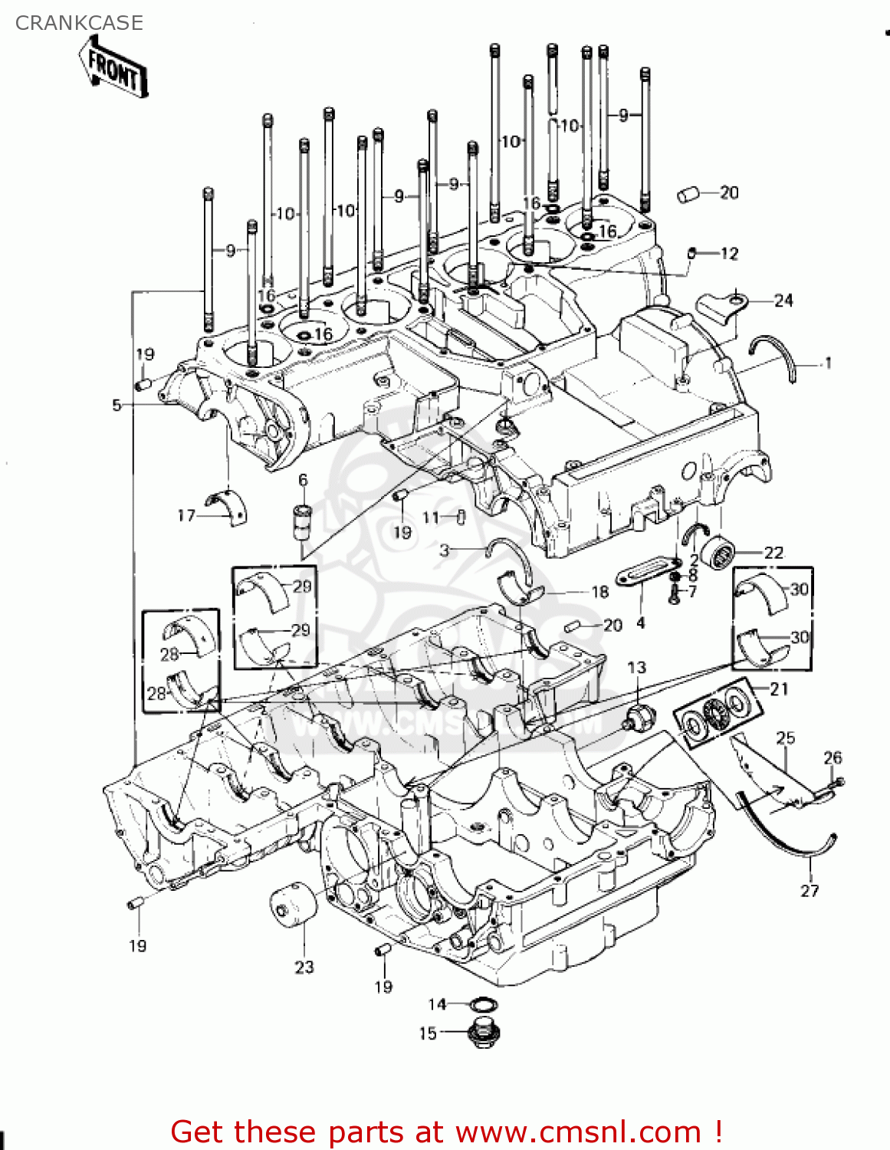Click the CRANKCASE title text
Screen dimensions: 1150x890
pos(79,23)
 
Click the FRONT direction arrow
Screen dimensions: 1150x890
pos(113,71)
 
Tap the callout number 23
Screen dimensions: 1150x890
pos(304,967)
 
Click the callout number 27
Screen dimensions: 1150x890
pos(810,890)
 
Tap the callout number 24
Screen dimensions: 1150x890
pos(783,301)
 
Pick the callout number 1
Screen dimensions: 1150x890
pos(827,363)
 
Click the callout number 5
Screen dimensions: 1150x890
pos(117,405)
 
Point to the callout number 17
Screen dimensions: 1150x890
pos(186,515)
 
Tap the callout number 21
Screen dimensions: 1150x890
pos(779,688)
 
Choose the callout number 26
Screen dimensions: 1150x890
pos(833,757)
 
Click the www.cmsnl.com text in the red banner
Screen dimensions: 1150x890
pos(578,1132)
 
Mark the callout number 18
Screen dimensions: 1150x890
pos(599,591)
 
